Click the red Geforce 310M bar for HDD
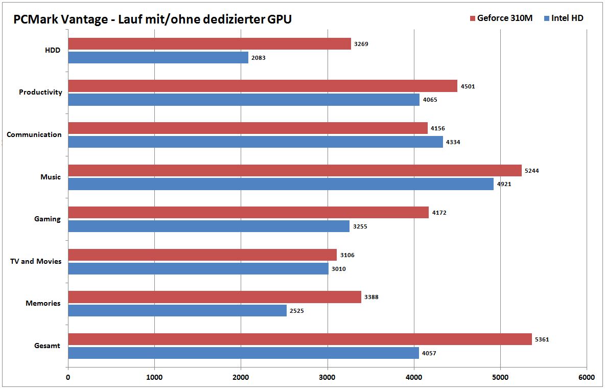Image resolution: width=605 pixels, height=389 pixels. tap(210, 44)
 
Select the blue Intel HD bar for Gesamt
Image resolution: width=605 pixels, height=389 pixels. tap(243, 353)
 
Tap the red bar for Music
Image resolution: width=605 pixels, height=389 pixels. tap(295, 171)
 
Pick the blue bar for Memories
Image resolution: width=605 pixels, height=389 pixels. tap(177, 310)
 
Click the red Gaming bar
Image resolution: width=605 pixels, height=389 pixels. tap(248, 213)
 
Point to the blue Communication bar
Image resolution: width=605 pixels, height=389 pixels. tap(255, 142)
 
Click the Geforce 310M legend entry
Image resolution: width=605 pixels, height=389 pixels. tap(501, 18)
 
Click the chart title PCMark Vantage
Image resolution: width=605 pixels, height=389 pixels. tap(153, 19)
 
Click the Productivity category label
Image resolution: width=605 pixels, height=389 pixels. tap(40, 93)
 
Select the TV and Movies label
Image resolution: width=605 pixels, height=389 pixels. tap(36, 261)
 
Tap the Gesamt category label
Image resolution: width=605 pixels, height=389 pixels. tap(46, 346)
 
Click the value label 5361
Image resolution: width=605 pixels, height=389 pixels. tap(542, 339)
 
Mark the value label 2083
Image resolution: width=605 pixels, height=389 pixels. tap(259, 58)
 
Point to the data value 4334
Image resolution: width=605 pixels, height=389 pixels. tap(453, 142)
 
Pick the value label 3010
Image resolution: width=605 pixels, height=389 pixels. tap(339, 268)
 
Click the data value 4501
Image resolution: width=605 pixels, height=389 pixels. tap(468, 86)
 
